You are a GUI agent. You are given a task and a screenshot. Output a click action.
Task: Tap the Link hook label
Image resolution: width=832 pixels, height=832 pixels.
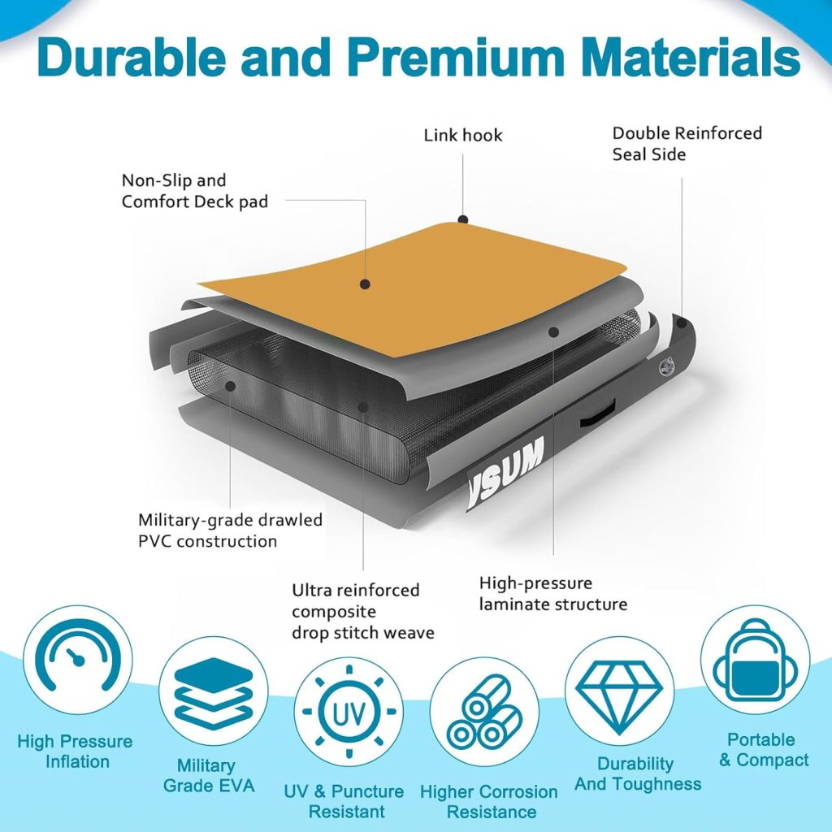point(463,135)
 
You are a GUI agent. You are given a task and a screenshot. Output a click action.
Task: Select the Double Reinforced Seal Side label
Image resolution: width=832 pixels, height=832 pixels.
point(687,143)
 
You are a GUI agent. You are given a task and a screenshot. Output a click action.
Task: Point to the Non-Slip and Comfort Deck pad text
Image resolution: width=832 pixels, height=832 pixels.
point(194,191)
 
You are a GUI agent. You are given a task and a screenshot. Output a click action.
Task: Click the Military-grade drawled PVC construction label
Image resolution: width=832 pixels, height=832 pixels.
point(230,530)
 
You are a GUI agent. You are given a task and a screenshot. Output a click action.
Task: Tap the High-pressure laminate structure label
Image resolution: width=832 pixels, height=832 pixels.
point(552,593)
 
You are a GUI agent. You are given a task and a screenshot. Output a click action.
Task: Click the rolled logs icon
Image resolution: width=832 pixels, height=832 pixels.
point(484,712)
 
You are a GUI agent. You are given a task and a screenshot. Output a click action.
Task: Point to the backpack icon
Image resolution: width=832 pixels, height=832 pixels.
point(755,667)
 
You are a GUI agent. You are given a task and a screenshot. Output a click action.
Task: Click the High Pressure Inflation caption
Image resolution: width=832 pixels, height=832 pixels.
point(75,751)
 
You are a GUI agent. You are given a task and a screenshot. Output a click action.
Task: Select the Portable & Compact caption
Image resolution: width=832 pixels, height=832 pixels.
point(761,750)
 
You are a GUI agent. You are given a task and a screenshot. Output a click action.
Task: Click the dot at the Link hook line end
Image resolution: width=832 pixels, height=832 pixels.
point(462,219)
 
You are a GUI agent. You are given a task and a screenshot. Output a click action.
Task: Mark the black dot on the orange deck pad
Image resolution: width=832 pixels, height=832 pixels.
point(366,284)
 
